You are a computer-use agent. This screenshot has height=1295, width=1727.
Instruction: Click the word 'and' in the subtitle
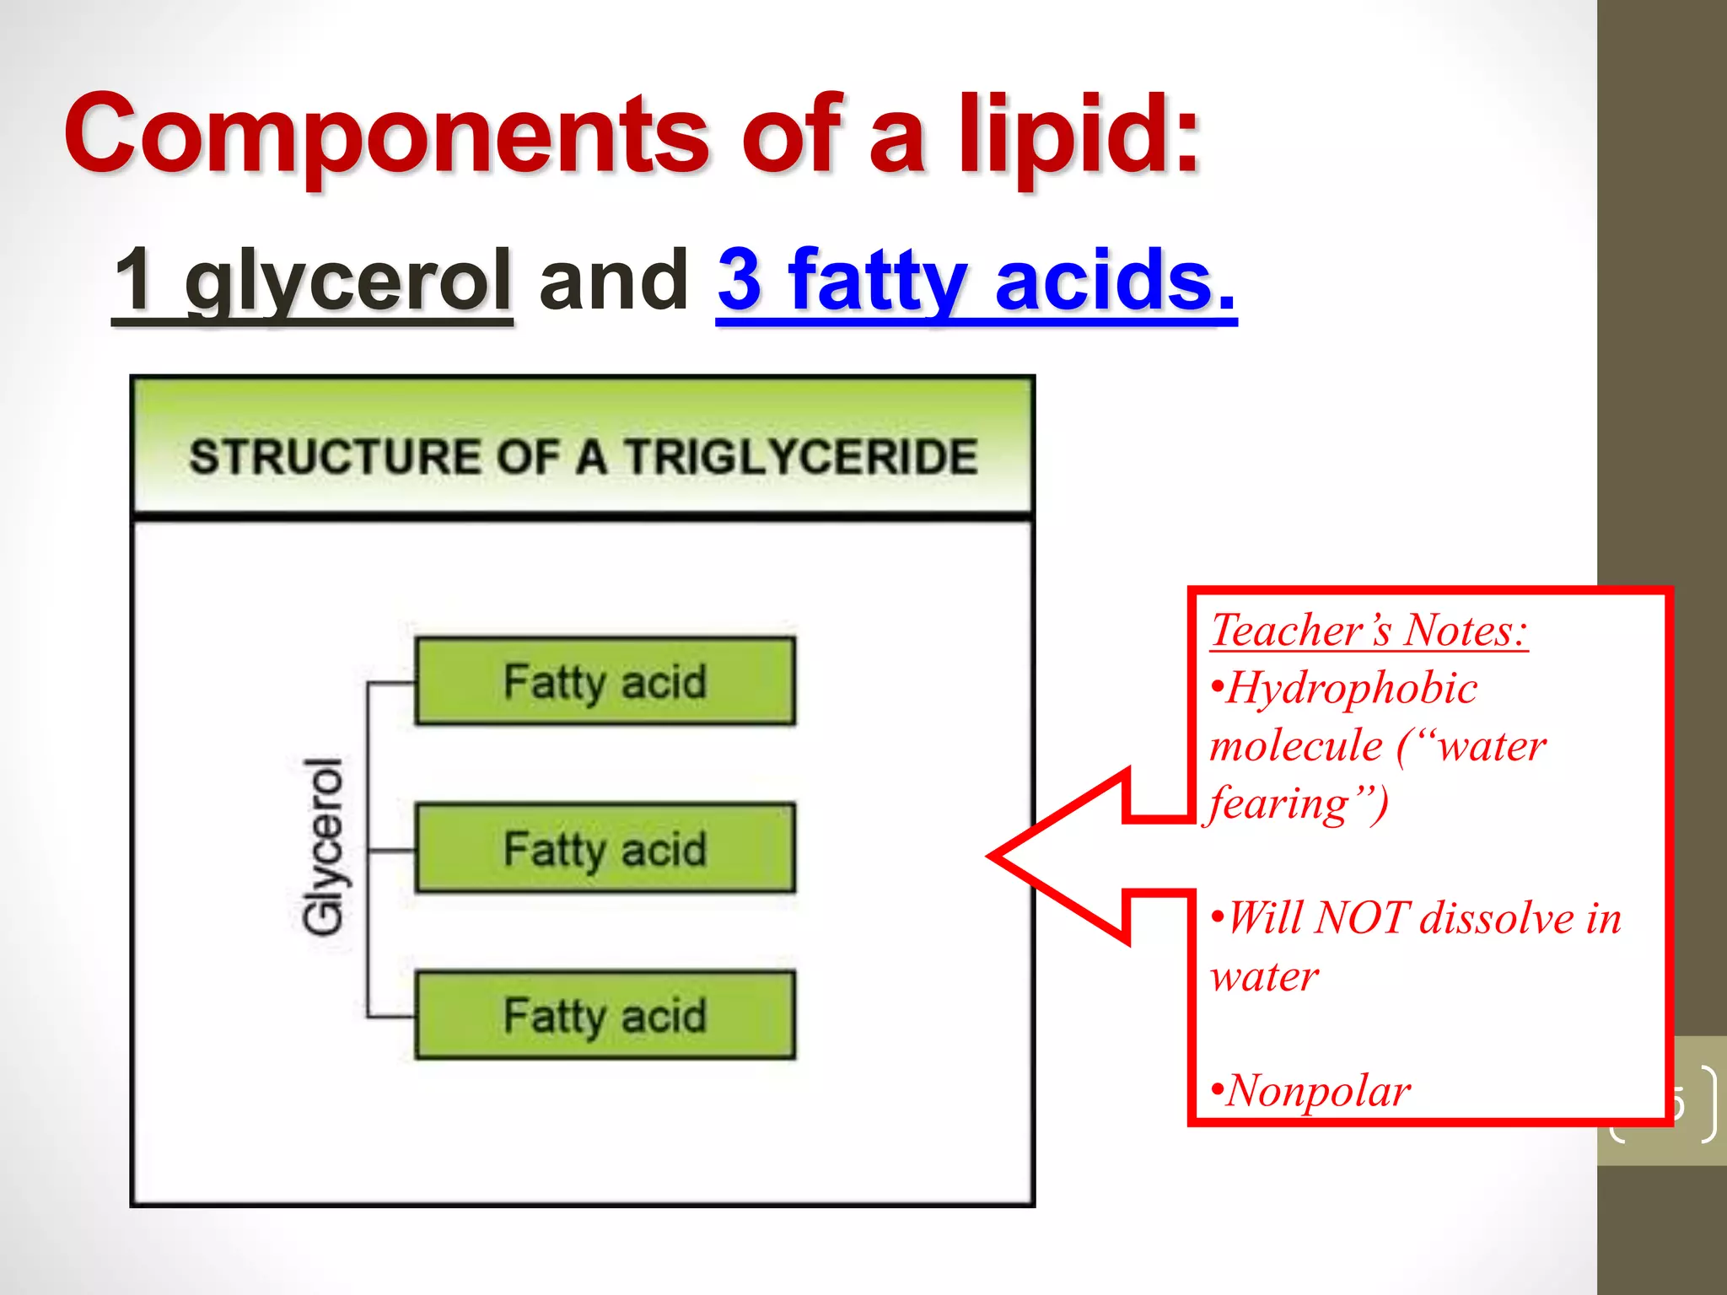pos(613,279)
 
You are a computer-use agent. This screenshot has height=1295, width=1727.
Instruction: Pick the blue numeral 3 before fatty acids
pos(741,279)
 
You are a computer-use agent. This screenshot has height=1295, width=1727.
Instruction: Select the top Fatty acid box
pos(605,681)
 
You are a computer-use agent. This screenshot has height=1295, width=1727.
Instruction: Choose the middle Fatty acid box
pos(605,848)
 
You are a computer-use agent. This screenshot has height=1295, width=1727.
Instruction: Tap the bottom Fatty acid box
pos(605,1015)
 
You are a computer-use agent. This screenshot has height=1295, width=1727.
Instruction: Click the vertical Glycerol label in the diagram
pos(324,846)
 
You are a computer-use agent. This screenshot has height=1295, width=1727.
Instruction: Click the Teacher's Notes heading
pos(1369,630)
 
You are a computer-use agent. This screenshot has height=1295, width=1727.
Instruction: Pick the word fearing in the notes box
pos(1278,803)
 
